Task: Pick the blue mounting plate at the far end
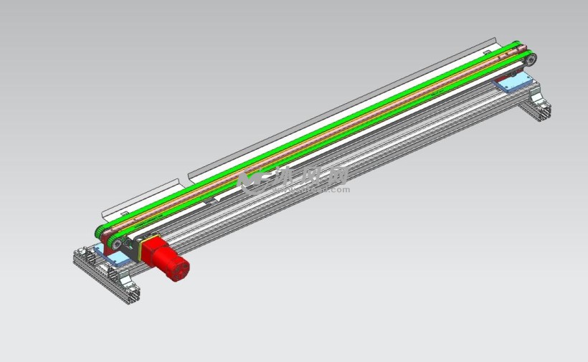pos(512,84)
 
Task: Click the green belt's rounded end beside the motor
pos(101,233)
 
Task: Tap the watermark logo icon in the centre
pos(250,182)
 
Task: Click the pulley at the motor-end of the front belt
pos(115,244)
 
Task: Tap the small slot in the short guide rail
pos(125,213)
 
